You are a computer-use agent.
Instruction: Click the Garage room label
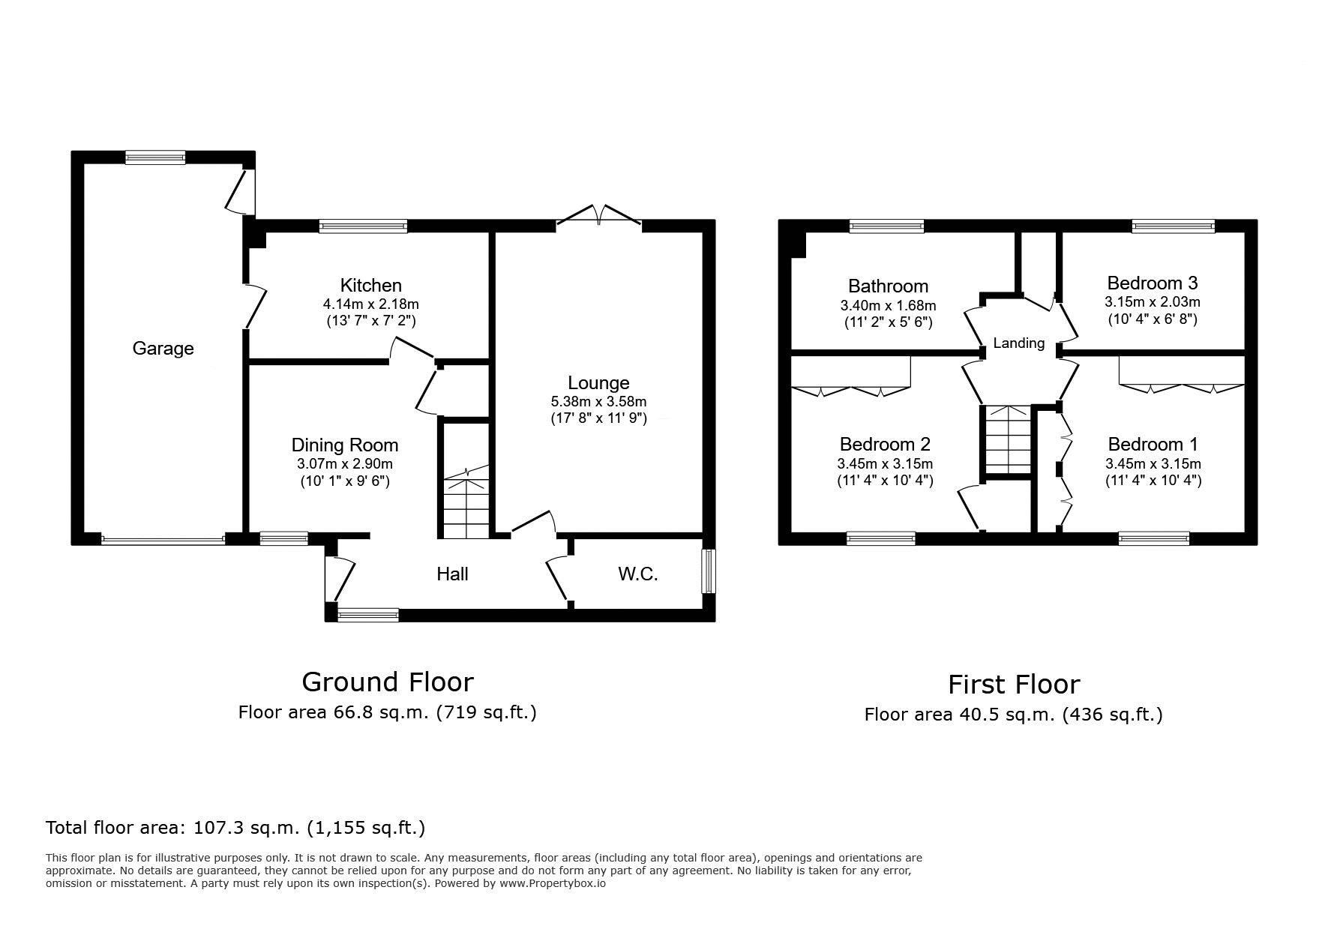[x=163, y=349]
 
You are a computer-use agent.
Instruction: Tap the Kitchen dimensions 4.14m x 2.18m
[x=370, y=304]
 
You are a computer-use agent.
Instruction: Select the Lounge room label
[x=598, y=383]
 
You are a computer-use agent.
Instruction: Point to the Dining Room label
[x=345, y=445]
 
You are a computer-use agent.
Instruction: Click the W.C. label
[x=638, y=574]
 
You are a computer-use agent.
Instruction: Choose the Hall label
[x=453, y=574]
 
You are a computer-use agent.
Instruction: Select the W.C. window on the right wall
[x=709, y=571]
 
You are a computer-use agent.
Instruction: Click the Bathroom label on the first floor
[x=888, y=286]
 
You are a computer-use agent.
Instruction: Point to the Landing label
[x=1018, y=343]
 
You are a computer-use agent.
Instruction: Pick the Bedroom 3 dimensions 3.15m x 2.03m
[x=1152, y=302]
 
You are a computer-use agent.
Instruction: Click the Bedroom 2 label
[x=885, y=445]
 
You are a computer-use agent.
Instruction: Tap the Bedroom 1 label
[x=1153, y=445]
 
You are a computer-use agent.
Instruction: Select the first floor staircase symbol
[x=1008, y=440]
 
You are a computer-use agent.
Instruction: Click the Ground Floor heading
[x=388, y=682]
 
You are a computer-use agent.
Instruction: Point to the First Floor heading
[x=1014, y=685]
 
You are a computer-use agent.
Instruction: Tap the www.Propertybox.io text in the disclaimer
[x=553, y=883]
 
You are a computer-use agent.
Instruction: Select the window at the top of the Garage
[x=155, y=157]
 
